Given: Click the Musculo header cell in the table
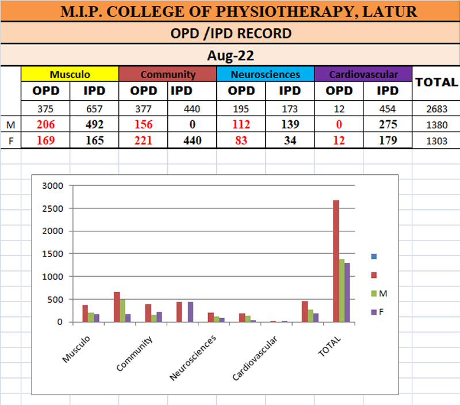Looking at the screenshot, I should coord(70,74).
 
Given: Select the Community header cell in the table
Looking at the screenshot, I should coord(167,74).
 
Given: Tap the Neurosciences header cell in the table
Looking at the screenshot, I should coord(265,74).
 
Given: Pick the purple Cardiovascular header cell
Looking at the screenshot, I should coord(363,74).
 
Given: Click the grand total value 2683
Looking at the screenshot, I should coord(437,109).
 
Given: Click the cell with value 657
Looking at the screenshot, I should coord(94,109).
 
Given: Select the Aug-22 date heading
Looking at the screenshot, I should coord(230,56).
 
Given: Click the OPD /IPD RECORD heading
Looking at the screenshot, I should coord(230,33).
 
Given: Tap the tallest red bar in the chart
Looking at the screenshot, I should coord(336,262).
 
